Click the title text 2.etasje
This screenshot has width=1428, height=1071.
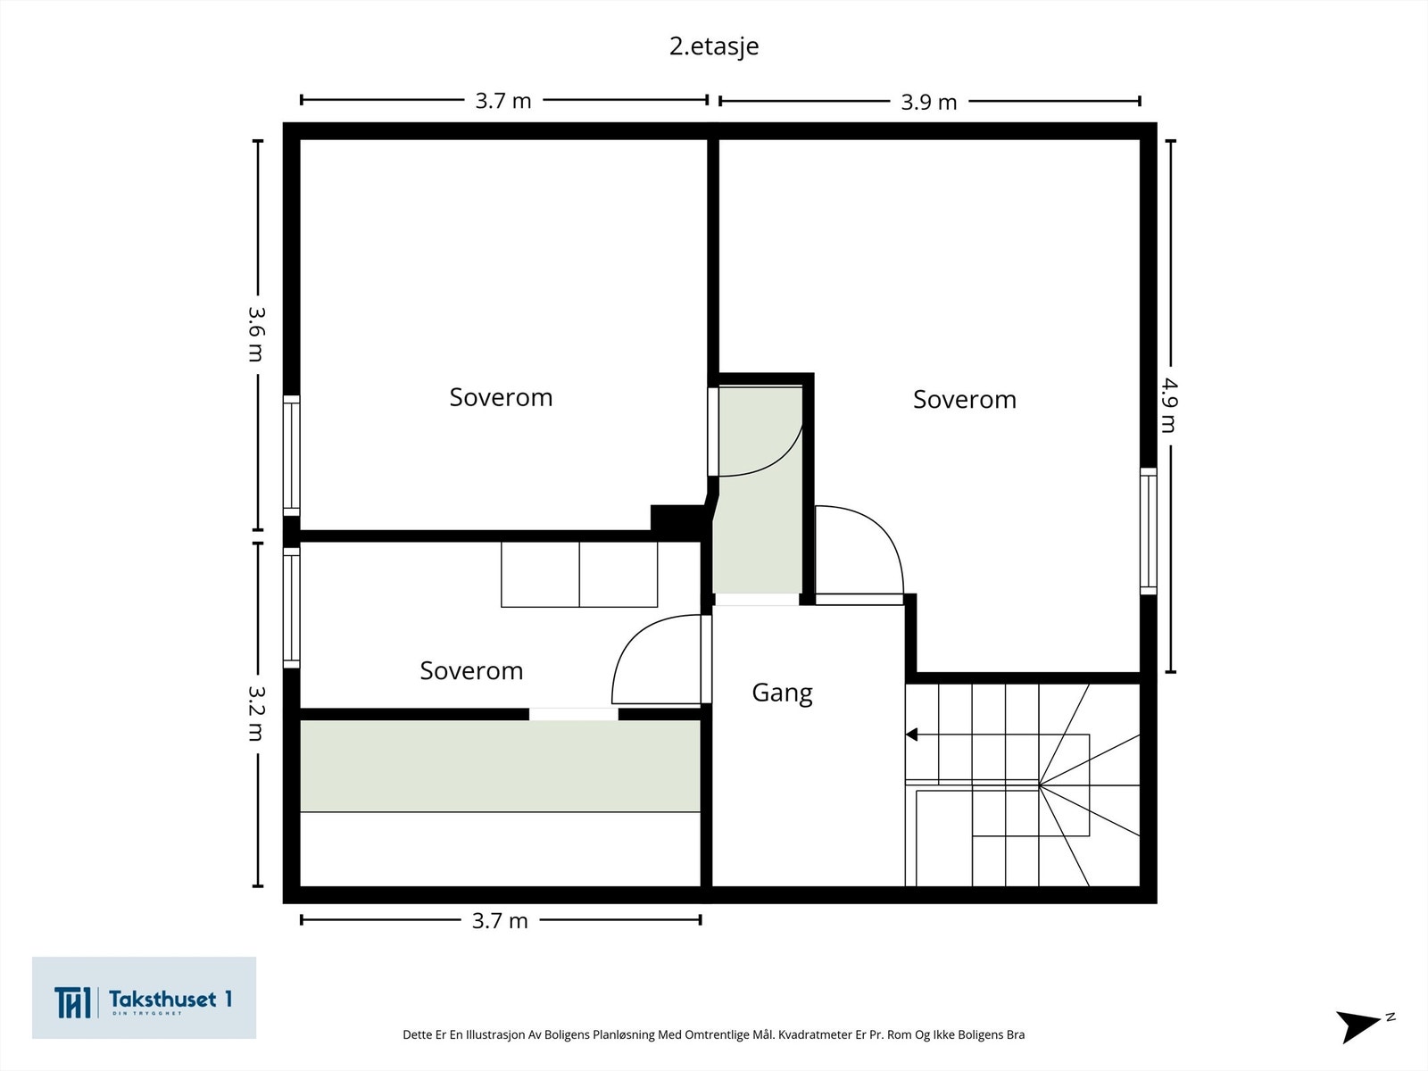714,46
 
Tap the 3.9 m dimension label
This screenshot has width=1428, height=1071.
928,102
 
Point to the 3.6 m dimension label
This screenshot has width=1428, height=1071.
256,334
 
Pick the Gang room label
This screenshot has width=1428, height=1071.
782,693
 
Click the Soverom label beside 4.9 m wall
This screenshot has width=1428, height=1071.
964,399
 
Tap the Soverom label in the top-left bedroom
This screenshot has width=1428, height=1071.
501,397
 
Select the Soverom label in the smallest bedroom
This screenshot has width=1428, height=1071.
471,670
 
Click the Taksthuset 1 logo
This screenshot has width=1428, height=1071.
144,998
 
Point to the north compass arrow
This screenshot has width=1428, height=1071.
1361,1025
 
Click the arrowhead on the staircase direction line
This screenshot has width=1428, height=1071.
911,735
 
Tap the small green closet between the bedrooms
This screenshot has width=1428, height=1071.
759,535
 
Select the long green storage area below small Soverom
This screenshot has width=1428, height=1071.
500,766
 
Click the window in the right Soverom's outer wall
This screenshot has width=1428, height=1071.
1149,530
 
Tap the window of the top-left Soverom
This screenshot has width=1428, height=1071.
292,455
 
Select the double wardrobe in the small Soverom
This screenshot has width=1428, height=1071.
579,574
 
